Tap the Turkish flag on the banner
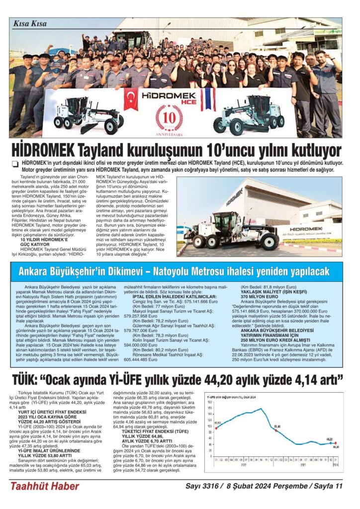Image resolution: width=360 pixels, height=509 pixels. point(131,99)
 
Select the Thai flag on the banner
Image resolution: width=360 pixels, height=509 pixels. point(208,99)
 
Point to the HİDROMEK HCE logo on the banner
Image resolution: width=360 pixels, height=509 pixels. point(169,96)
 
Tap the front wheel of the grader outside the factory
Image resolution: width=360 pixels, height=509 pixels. point(199,242)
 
